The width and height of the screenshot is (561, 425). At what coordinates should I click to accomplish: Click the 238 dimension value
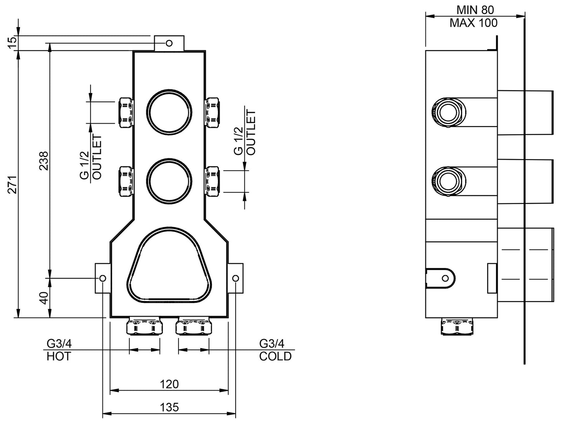pyautogui.click(x=43, y=160)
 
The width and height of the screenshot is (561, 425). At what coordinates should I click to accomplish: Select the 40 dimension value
pyautogui.click(x=43, y=298)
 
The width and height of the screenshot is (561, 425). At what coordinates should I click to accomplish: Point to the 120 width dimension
pyautogui.click(x=169, y=384)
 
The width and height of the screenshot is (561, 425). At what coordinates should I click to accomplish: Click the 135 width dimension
pyautogui.click(x=169, y=407)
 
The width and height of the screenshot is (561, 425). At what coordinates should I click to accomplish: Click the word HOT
pyautogui.click(x=59, y=356)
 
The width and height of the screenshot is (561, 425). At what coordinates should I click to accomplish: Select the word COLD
pyautogui.click(x=275, y=356)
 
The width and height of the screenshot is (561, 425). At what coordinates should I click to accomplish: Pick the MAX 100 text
pyautogui.click(x=473, y=23)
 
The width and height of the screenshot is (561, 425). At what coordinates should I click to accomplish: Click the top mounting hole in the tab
pyautogui.click(x=169, y=43)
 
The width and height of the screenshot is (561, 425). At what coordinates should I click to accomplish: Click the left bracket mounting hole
pyautogui.click(x=103, y=278)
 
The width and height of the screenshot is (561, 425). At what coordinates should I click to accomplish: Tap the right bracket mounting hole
pyautogui.click(x=236, y=278)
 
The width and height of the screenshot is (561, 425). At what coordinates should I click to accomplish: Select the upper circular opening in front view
pyautogui.click(x=169, y=112)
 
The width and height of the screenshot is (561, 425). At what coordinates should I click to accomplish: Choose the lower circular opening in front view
pyautogui.click(x=169, y=180)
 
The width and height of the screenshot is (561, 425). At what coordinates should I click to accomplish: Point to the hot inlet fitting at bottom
pyautogui.click(x=144, y=326)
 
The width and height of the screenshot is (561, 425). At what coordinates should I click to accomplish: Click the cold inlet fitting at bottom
pyautogui.click(x=194, y=326)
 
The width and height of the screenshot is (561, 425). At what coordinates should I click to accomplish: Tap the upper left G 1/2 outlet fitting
pyautogui.click(x=125, y=112)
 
